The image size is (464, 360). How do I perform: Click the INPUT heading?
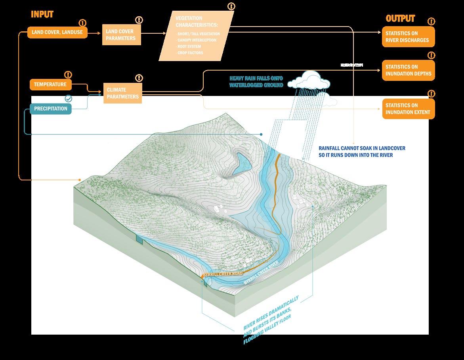click(x=42, y=15)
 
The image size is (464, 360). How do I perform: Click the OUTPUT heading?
click(x=400, y=19)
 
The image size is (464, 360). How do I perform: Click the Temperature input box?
click(x=50, y=84)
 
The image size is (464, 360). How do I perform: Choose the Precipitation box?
click(x=50, y=108)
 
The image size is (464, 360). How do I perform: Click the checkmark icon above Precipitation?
click(x=69, y=98)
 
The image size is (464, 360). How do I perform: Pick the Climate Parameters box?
click(x=122, y=93)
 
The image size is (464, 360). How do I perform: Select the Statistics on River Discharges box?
click(x=408, y=37)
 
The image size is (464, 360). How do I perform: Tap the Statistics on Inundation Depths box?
click(x=408, y=70)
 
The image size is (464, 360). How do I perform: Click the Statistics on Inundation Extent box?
click(x=408, y=109)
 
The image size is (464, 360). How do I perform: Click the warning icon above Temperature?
click(x=69, y=75)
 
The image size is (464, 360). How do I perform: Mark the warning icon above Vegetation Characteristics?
click(x=231, y=7)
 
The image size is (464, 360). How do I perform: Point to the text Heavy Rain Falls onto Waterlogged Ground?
click(x=256, y=82)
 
